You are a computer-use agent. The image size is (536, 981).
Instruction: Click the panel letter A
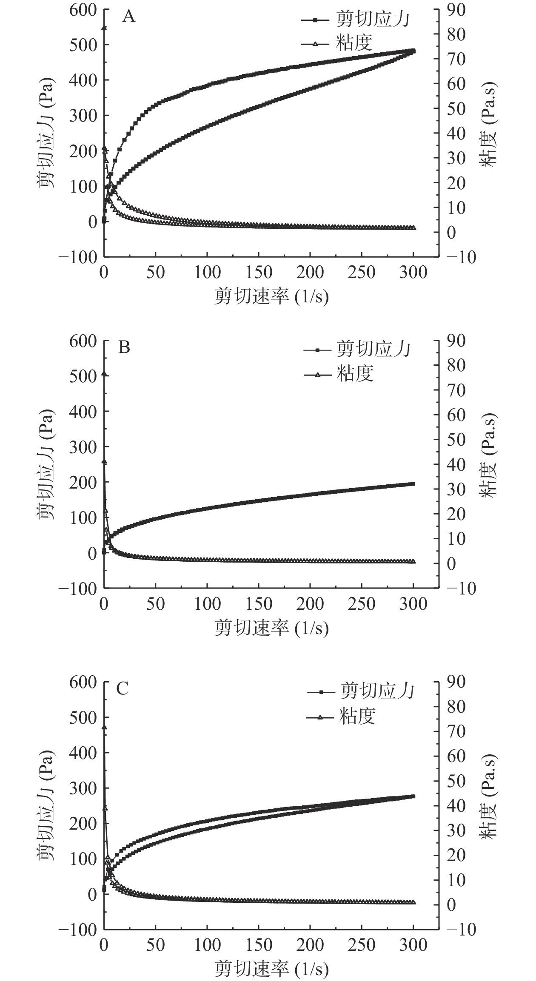129,17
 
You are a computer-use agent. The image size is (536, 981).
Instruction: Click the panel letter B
124,348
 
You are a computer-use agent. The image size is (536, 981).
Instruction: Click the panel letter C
123,688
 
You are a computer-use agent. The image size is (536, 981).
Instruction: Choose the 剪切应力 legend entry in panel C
376,691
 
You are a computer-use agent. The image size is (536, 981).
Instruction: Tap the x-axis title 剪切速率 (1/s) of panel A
271,296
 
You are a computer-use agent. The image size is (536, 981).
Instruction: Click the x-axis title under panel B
271,628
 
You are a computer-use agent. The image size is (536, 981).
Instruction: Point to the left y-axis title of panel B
46,464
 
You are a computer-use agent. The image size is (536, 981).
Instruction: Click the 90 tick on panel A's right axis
456,9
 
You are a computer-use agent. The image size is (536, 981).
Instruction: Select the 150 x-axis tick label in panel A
259,273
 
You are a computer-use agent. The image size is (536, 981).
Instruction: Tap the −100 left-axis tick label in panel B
77,589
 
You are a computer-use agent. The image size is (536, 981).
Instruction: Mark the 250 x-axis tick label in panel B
362,604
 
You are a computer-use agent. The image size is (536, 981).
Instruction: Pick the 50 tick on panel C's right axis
456,781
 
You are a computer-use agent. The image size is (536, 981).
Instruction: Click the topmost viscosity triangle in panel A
104,28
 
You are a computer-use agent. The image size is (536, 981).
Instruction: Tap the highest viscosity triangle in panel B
104,374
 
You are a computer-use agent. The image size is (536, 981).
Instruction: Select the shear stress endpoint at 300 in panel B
413,484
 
